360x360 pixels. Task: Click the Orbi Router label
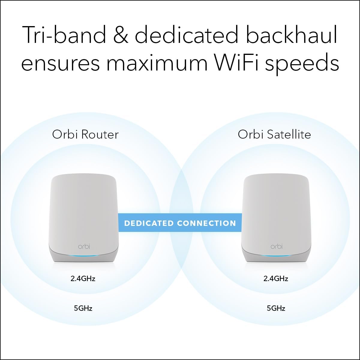pyautogui.click(x=85, y=134)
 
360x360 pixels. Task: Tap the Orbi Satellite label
pyautogui.click(x=274, y=134)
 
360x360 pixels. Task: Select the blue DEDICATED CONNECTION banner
pyautogui.click(x=180, y=223)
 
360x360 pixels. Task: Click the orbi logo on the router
pyautogui.click(x=84, y=247)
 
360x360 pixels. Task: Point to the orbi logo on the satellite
pyautogui.click(x=276, y=247)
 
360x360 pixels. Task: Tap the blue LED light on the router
pyautogui.click(x=84, y=255)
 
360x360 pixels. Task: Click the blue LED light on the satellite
pyautogui.click(x=276, y=255)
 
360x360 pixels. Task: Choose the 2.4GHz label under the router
pyautogui.click(x=83, y=278)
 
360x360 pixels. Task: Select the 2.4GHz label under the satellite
pyautogui.click(x=276, y=278)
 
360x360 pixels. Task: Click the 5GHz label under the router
pyautogui.click(x=83, y=308)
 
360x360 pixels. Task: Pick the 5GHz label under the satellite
pyautogui.click(x=276, y=308)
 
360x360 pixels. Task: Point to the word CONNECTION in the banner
pyautogui.click(x=206, y=223)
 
